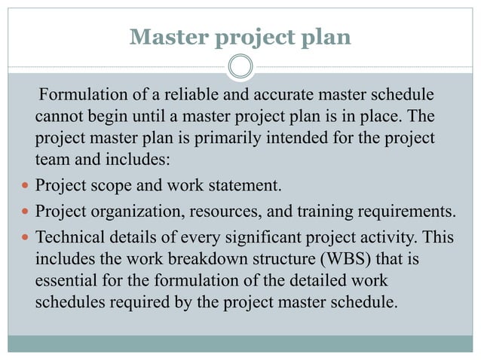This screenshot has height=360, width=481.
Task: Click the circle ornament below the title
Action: click(240, 66)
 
